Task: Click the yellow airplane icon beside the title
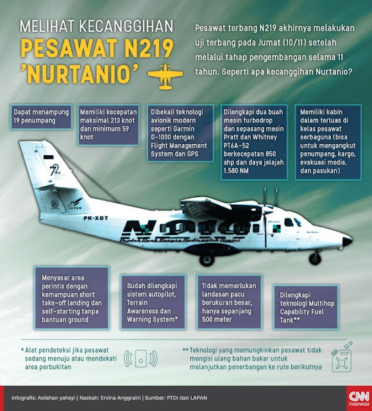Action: pyautogui.click(x=160, y=76)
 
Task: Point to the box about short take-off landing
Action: pyautogui.click(x=72, y=296)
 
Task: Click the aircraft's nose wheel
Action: pyautogui.click(x=315, y=258)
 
